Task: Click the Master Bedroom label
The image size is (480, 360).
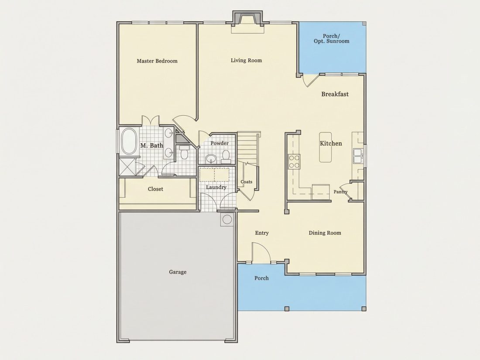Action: [x=157, y=61]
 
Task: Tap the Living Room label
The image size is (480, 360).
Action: [x=247, y=60]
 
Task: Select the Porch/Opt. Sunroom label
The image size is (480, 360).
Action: [x=332, y=38]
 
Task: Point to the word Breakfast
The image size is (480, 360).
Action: [x=335, y=94]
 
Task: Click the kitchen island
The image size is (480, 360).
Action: [x=326, y=147]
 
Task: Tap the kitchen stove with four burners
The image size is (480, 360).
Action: [x=295, y=161]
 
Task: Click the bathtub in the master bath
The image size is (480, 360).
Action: [x=129, y=141]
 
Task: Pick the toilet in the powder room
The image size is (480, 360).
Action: [x=226, y=155]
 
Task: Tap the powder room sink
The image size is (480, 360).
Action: [x=211, y=159]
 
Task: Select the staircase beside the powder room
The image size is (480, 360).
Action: [x=248, y=147]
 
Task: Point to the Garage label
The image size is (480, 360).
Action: [x=178, y=272]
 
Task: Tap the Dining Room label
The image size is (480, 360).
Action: [x=325, y=233]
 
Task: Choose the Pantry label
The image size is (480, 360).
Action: [x=340, y=192]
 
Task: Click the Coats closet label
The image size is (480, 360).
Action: [x=247, y=182]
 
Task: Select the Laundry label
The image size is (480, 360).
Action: [x=216, y=187]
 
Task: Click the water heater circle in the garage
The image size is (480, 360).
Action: [x=227, y=219]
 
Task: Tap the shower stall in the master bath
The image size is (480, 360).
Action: [x=127, y=167]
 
